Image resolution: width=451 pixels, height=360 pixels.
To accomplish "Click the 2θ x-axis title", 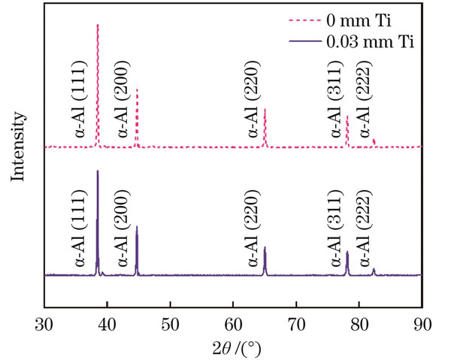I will coord(234,348).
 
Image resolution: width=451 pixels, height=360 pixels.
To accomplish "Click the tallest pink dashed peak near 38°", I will coord(98,27).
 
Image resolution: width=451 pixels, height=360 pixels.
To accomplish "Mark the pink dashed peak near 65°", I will coord(265,111).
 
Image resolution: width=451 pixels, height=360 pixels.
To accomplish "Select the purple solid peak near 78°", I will coord(347,254).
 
